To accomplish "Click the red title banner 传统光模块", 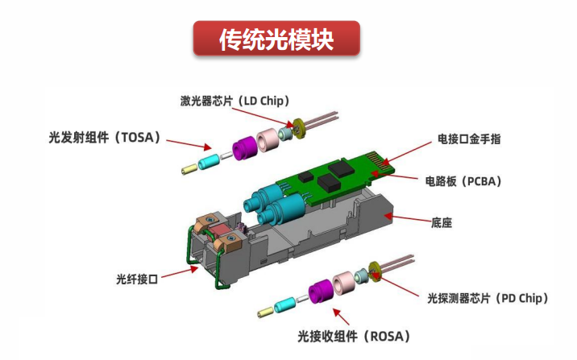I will click(276, 39).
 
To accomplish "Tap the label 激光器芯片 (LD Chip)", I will click(235, 101).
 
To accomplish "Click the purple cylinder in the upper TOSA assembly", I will click(243, 147).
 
